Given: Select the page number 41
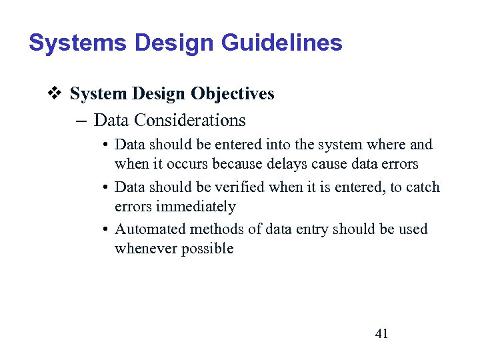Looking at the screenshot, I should click(381, 333).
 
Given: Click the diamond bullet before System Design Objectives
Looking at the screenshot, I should click(57, 94).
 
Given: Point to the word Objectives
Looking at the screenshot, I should click(233, 94).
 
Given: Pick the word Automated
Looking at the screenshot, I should click(150, 229).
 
